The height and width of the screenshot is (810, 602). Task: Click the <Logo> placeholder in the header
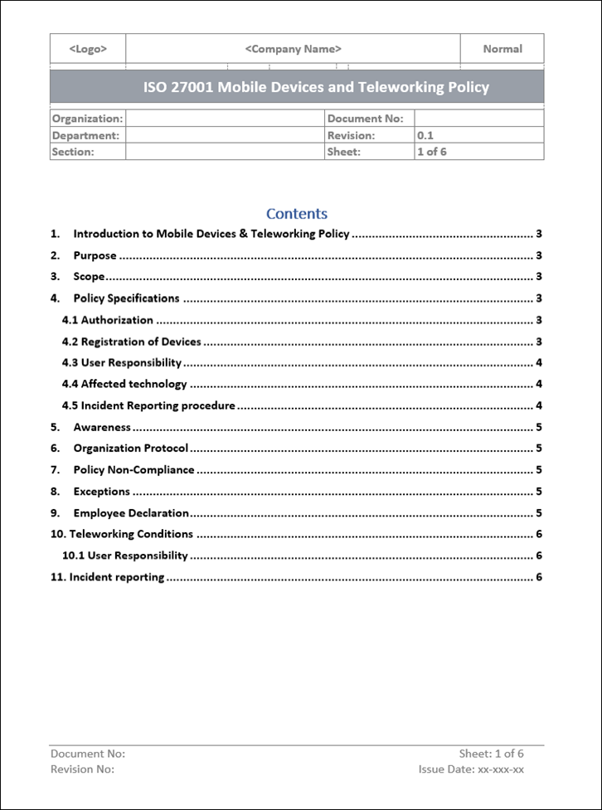click(x=88, y=49)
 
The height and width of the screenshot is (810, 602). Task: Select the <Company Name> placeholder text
click(x=294, y=49)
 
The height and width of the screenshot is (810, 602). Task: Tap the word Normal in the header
click(x=502, y=49)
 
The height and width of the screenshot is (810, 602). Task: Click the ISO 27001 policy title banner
click(x=316, y=87)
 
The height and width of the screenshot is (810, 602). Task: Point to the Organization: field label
click(x=87, y=119)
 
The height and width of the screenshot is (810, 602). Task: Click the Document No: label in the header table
click(x=366, y=119)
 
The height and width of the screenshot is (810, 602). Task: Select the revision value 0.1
click(x=425, y=135)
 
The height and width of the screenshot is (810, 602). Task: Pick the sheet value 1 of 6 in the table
click(x=431, y=152)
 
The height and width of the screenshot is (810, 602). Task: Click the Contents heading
click(x=297, y=214)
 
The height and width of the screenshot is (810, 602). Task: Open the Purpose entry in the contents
click(x=95, y=255)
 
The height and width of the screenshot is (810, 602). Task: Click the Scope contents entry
click(x=90, y=277)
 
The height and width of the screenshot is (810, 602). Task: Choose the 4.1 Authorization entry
click(x=108, y=320)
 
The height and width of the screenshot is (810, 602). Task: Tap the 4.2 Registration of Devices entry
click(x=132, y=342)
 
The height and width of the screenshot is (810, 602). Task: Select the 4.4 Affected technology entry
click(x=124, y=384)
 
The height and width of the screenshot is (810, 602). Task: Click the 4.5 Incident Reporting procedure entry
click(x=149, y=406)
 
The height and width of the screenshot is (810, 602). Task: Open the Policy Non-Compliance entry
click(x=134, y=470)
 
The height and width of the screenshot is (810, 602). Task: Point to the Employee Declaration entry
click(x=131, y=513)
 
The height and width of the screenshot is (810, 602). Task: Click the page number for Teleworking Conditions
click(x=539, y=535)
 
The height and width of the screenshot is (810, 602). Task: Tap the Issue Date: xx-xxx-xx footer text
click(x=471, y=769)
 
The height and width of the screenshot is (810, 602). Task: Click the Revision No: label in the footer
click(x=82, y=769)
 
